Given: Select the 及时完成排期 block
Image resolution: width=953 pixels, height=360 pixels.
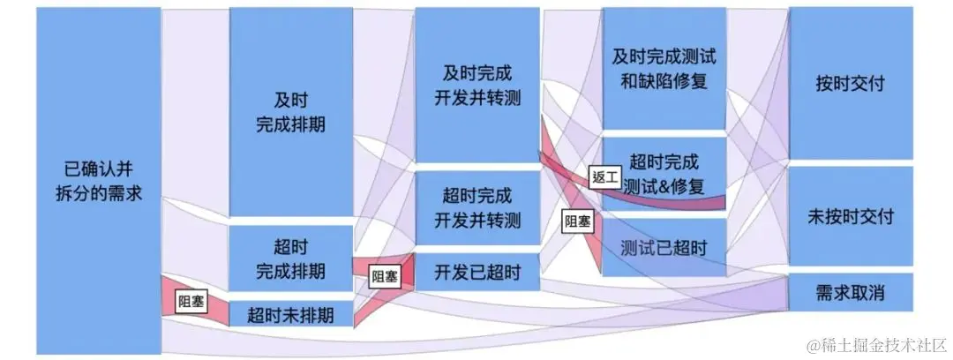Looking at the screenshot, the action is (290, 110).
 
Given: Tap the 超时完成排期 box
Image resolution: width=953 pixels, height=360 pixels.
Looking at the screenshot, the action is (290, 257).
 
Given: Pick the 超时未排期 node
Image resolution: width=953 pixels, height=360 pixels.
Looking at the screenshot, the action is (290, 313).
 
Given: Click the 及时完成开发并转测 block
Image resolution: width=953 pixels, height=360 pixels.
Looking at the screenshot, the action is (476, 85).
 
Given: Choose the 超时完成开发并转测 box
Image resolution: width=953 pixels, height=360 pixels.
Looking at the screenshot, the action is (476, 207).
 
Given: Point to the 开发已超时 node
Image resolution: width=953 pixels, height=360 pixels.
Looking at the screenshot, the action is (476, 272).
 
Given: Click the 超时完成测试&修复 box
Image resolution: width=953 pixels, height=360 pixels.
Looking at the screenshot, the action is (664, 174).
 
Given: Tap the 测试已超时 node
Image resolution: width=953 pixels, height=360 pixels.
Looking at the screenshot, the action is (664, 248).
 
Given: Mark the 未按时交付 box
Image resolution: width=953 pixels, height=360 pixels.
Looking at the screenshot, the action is (851, 215).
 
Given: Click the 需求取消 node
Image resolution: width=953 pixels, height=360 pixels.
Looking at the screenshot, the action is (851, 293).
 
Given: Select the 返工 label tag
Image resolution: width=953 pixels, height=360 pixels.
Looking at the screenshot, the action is (604, 176).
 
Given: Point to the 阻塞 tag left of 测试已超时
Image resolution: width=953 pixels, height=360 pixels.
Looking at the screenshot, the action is (577, 221).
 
